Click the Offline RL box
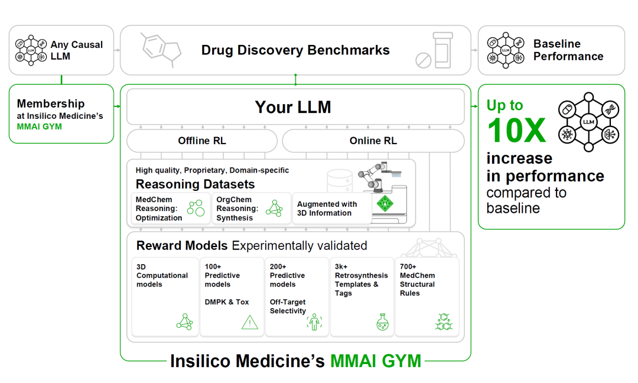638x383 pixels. point(202,141)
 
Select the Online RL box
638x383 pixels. point(373,141)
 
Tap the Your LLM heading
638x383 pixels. point(293,107)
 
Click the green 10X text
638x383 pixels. point(516,130)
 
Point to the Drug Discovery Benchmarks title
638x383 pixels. point(295,50)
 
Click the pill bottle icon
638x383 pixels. point(442,50)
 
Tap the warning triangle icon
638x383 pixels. point(249,322)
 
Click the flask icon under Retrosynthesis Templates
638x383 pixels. point(382,322)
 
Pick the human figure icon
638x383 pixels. point(314,322)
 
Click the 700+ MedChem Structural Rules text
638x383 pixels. point(418,280)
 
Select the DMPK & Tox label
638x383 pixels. point(227,302)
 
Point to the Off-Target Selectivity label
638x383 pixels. point(288,307)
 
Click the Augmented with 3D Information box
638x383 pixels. point(331,209)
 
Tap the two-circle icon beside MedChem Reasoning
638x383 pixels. point(196,207)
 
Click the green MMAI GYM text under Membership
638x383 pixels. point(40,126)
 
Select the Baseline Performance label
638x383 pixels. point(568,50)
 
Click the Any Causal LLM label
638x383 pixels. point(76,50)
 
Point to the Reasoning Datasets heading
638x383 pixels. point(195,184)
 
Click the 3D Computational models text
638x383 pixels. point(162,275)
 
